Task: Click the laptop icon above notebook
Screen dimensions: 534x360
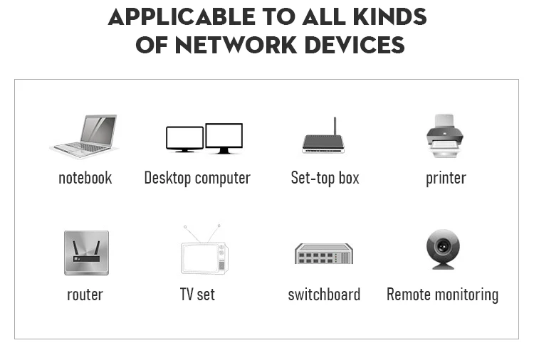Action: (x=85, y=136)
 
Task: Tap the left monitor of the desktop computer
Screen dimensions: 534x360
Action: (x=184, y=138)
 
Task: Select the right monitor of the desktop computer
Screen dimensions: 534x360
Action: (x=224, y=137)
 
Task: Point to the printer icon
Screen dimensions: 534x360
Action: (x=446, y=136)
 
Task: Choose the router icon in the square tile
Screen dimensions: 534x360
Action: (x=86, y=253)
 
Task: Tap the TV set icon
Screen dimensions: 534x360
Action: (x=203, y=252)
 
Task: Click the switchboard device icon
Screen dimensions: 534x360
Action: (x=324, y=253)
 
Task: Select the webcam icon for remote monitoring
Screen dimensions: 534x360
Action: (x=443, y=249)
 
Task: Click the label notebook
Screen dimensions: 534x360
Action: (x=85, y=178)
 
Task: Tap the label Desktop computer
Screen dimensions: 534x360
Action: (x=197, y=178)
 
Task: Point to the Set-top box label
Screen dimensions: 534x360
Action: (x=325, y=178)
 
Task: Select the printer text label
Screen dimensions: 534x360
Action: (x=446, y=178)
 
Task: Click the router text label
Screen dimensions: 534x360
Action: (x=85, y=295)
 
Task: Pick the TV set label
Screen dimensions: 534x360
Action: (x=197, y=295)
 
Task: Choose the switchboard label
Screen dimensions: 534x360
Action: (x=324, y=295)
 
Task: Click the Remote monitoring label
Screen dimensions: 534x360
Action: (x=442, y=295)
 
